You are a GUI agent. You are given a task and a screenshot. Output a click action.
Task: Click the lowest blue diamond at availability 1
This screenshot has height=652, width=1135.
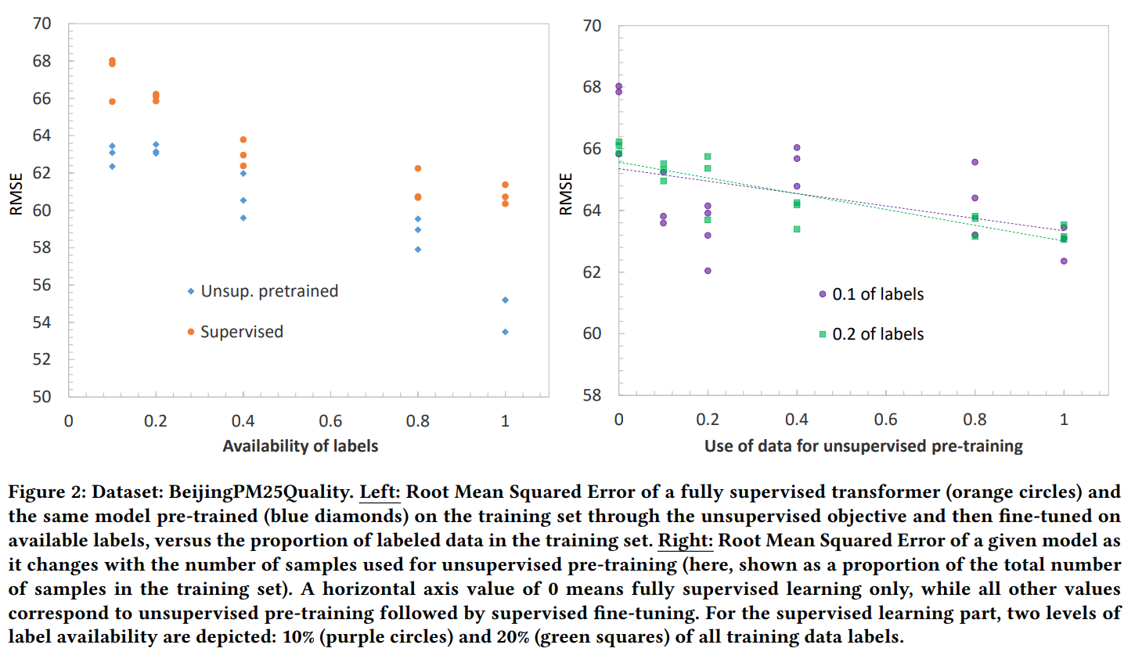tap(505, 332)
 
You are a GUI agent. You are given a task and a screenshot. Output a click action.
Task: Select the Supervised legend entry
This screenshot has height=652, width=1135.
tap(241, 332)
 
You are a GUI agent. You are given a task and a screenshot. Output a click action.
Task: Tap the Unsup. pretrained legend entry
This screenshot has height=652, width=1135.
tap(268, 291)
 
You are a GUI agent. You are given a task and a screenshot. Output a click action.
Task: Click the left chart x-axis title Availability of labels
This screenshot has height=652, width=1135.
tap(301, 446)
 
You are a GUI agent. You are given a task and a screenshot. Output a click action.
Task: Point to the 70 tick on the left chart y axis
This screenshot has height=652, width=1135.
tap(41, 23)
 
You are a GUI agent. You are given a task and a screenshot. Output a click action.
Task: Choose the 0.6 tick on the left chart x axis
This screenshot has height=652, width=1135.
tap(330, 421)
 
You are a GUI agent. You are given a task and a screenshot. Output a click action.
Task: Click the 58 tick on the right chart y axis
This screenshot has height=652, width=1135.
tap(593, 395)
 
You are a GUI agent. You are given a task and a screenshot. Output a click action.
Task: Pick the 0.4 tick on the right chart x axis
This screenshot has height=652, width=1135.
tap(796, 420)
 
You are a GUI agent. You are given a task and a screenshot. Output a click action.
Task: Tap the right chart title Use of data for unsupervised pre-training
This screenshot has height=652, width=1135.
tap(863, 446)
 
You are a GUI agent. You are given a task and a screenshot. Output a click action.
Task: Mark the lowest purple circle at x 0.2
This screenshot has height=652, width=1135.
tap(708, 271)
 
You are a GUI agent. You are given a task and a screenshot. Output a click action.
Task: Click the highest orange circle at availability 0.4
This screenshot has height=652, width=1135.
tap(243, 139)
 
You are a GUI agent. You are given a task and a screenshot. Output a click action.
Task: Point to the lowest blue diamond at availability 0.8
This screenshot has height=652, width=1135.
tap(418, 250)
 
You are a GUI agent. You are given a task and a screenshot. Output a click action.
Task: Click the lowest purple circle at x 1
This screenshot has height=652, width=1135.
tap(1064, 261)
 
